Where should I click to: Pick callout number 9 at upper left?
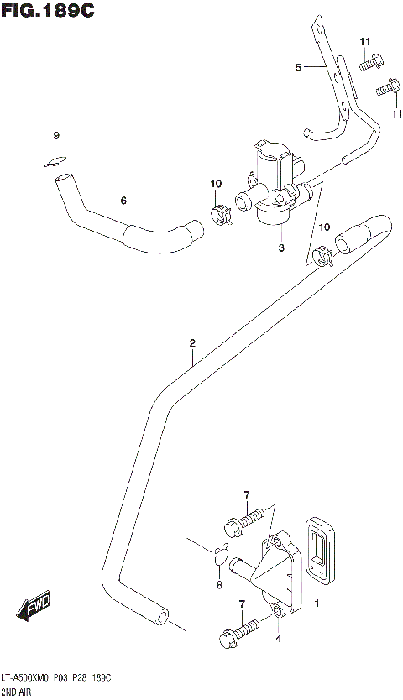56,136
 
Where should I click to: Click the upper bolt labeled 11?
370,62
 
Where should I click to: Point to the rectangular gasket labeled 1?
320,555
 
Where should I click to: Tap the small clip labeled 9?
55,163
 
